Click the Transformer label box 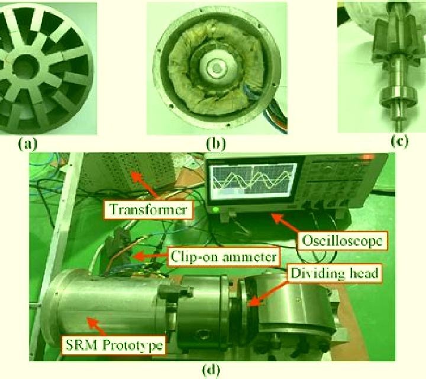[149, 210]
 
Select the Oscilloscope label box [343, 240]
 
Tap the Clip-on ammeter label [224, 256]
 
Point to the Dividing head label [335, 273]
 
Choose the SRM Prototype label [114, 345]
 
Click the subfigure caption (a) [27, 143]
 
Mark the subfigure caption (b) [216, 143]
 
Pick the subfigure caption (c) [399, 142]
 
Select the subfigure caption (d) [211, 370]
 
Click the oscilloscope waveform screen [254, 179]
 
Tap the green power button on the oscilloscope [216, 210]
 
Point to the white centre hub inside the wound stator [215, 68]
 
